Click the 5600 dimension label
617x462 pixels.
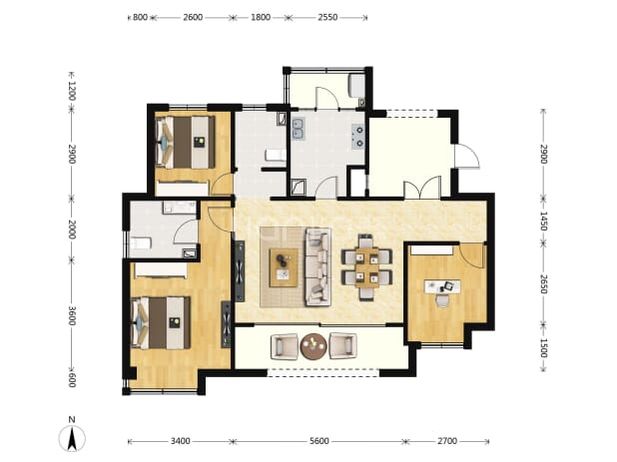tap(318, 441)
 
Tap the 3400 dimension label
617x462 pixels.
tap(181, 441)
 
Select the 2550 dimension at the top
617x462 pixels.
tap(327, 17)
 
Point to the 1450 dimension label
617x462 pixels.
tap(543, 221)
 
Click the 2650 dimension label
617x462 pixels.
tap(543, 283)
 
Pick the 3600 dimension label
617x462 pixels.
tap(71, 315)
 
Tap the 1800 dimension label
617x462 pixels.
tap(261, 17)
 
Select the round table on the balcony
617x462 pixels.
tap(313, 346)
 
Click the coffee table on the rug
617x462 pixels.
tap(284, 267)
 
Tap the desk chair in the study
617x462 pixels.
tap(442, 300)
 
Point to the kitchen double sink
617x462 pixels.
tap(298, 129)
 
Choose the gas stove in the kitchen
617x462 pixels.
tap(358, 137)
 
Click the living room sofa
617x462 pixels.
tap(317, 267)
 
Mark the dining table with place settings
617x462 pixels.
tap(366, 267)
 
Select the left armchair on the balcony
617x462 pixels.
tap(285, 346)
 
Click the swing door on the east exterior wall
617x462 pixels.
tap(467, 157)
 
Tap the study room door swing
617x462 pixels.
tap(472, 255)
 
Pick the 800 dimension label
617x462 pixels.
tap(140, 17)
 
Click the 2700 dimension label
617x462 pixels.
tap(447, 441)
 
